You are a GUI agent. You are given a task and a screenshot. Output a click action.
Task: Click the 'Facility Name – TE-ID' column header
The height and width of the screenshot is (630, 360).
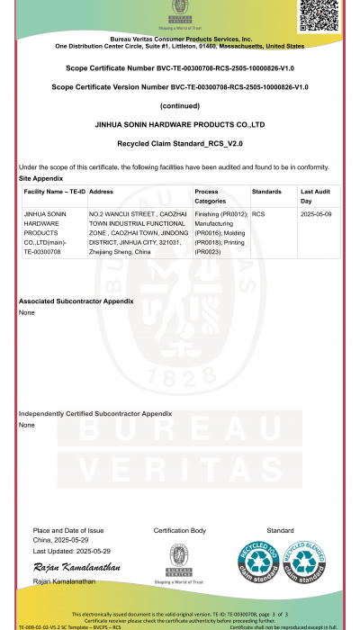[x=53, y=192]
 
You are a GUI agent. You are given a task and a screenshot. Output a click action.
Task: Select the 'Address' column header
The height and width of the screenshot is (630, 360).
[x=102, y=192]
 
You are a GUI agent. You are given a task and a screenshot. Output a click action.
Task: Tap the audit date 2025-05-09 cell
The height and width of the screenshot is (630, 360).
[x=317, y=214]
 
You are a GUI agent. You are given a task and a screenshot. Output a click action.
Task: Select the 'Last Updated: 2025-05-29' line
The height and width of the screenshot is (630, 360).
[x=72, y=550]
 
